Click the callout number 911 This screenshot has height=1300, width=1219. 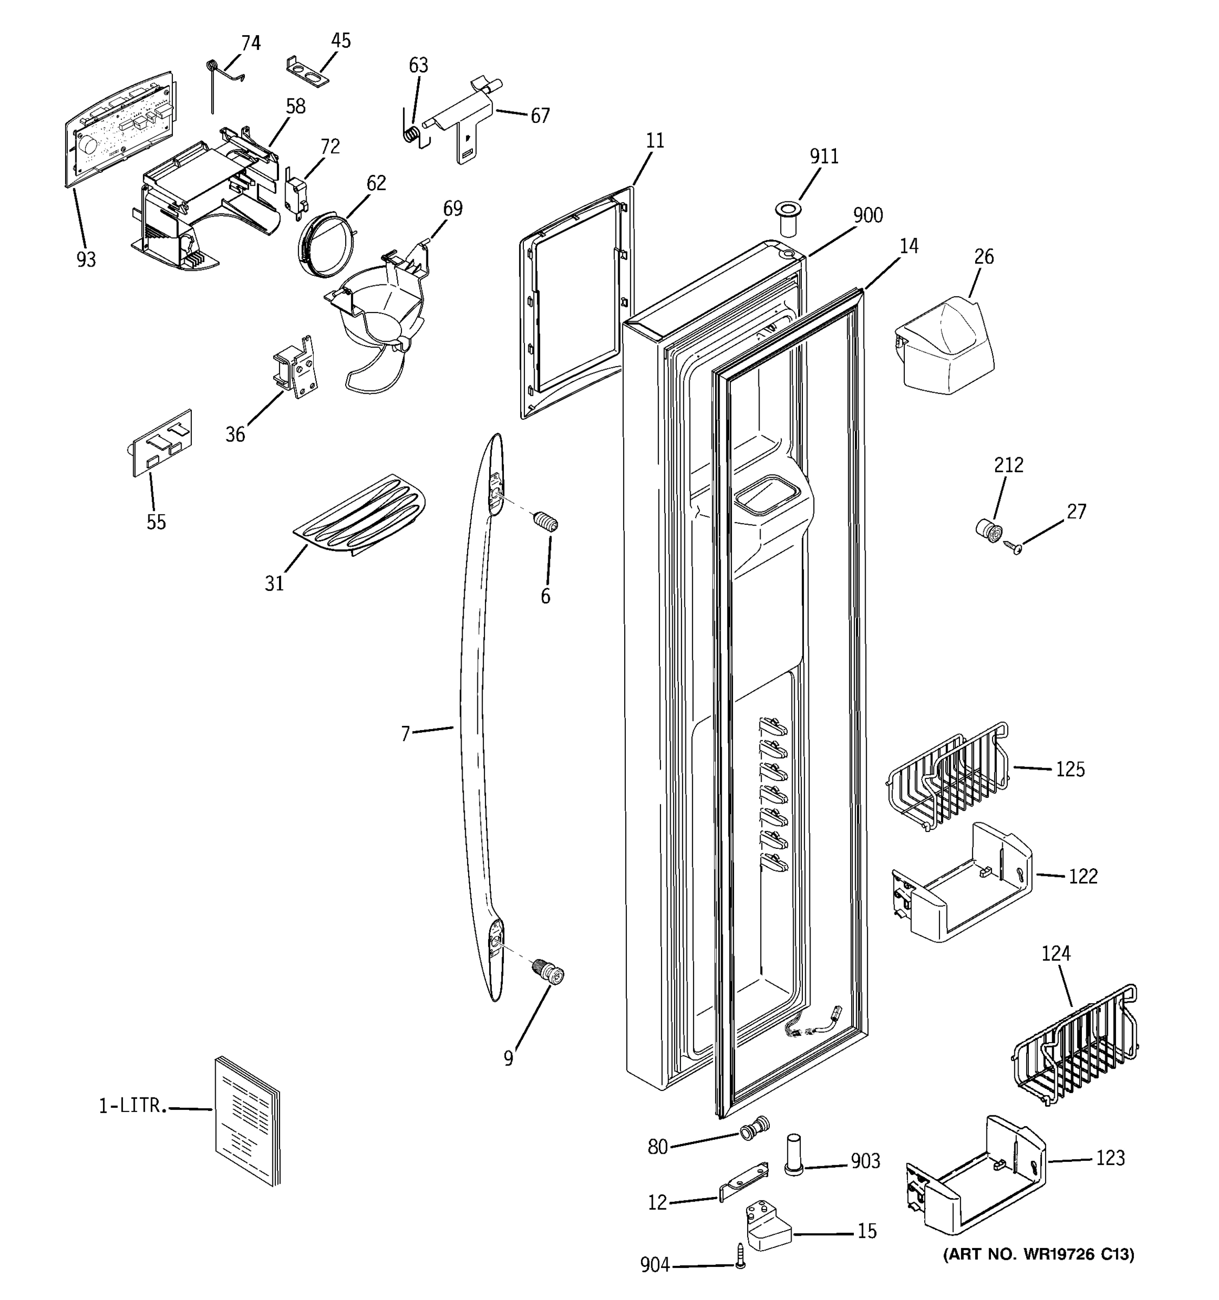[x=824, y=157]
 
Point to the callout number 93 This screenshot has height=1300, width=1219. [x=86, y=259]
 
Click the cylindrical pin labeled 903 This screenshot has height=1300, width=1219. [x=793, y=1155]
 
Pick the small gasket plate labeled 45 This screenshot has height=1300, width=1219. [x=307, y=71]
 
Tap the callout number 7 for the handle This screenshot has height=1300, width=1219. [x=405, y=734]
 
